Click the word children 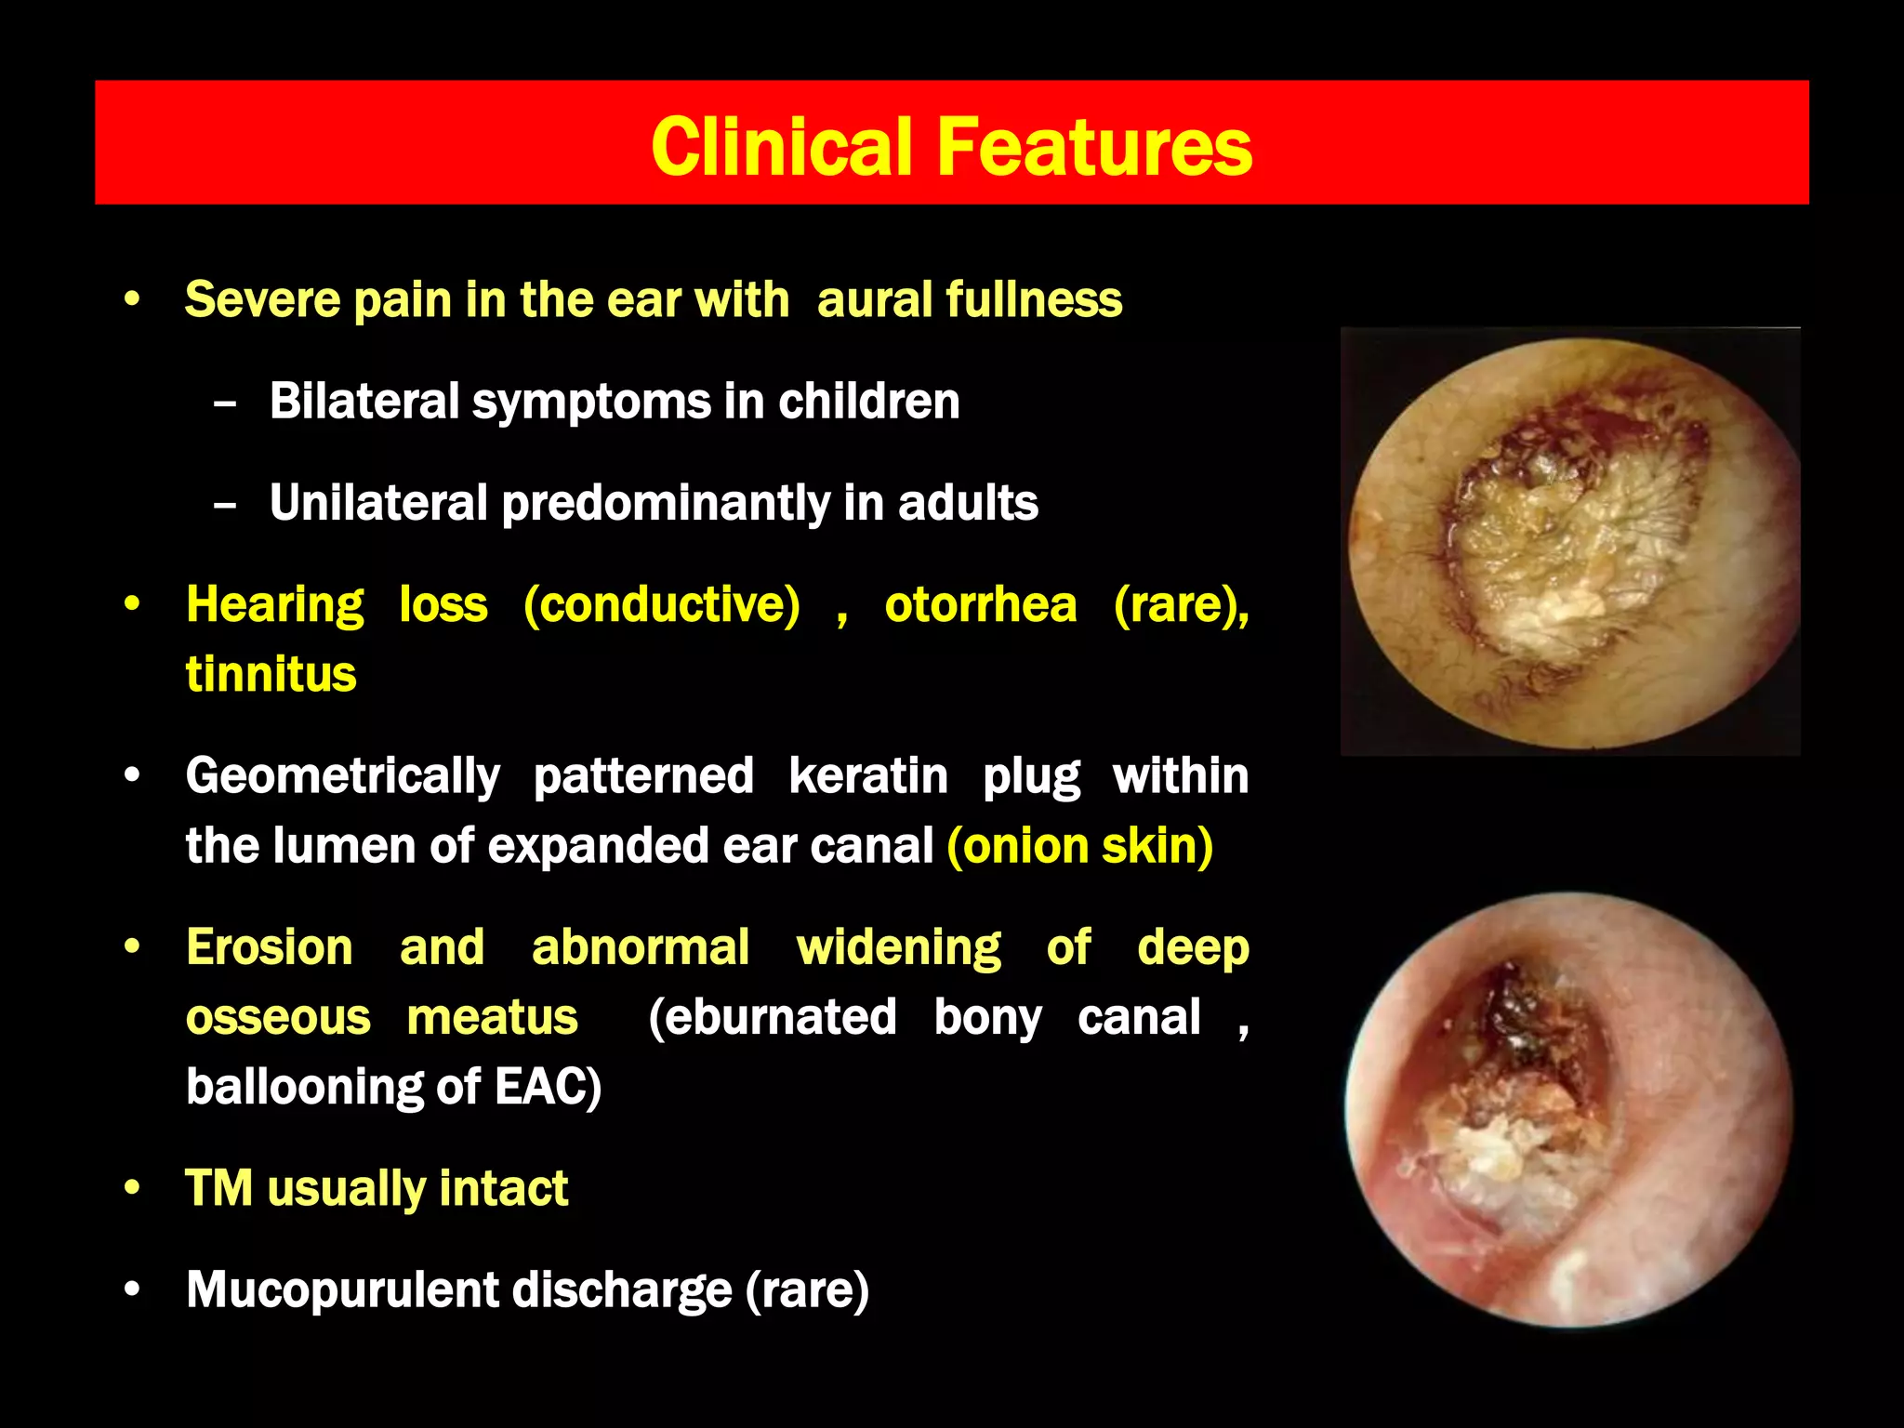tap(868, 401)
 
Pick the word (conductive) tap(661, 604)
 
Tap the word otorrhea tap(981, 604)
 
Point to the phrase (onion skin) tap(1079, 845)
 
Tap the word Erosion tap(270, 947)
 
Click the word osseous tap(278, 1016)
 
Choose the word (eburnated tap(772, 1016)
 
